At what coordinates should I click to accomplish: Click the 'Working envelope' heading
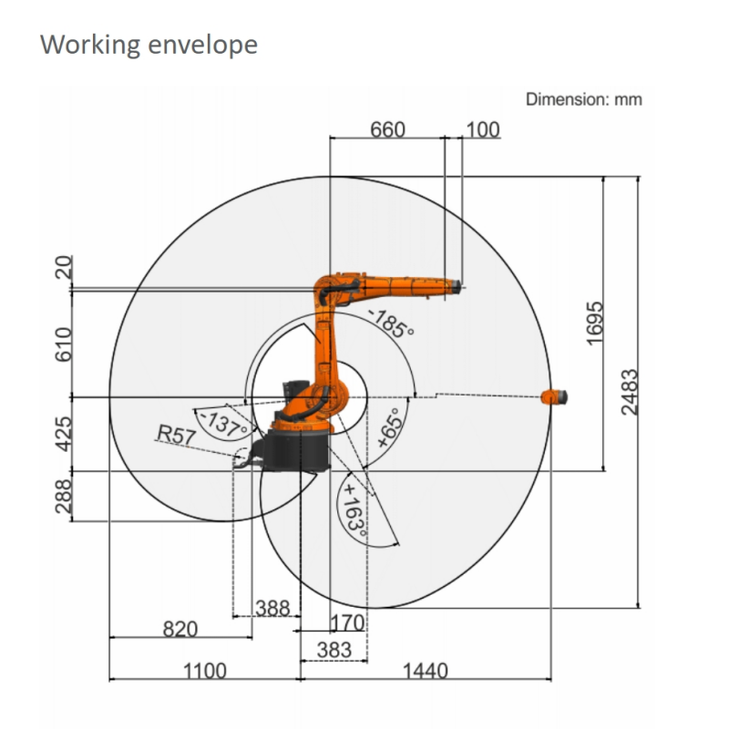[x=149, y=46]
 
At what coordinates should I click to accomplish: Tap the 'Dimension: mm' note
[x=584, y=99]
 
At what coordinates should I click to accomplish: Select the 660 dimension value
[x=388, y=129]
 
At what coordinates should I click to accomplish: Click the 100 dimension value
[x=483, y=129]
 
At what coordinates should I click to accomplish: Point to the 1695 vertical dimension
[x=595, y=323]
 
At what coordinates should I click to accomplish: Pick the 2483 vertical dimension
[x=630, y=392]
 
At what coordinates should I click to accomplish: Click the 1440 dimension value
[x=425, y=671]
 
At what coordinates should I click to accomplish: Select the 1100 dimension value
[x=205, y=671]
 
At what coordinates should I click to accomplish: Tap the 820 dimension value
[x=180, y=629]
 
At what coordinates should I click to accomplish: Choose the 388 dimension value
[x=272, y=608]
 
